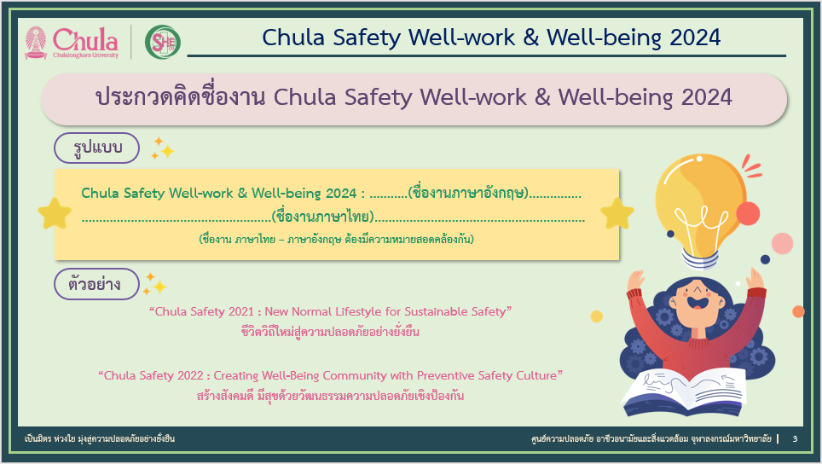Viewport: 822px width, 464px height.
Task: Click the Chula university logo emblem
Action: (36, 42)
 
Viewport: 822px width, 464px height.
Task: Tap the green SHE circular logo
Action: (163, 42)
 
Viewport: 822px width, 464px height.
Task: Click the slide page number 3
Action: (795, 438)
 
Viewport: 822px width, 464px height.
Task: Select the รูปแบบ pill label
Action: (97, 148)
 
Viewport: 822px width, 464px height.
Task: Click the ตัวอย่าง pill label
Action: (97, 284)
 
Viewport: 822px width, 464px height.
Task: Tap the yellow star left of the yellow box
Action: (55, 213)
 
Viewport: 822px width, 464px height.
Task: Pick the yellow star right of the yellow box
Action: (617, 213)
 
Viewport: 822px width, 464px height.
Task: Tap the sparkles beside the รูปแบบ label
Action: (163, 148)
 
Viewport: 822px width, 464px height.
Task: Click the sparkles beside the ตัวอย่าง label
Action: (155, 284)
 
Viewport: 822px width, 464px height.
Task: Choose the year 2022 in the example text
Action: (190, 375)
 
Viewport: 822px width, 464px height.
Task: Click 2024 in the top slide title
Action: (695, 38)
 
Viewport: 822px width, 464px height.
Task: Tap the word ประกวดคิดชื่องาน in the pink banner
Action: (181, 97)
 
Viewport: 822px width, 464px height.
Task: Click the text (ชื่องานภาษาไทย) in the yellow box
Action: (323, 216)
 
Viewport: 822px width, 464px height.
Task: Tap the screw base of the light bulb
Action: (700, 258)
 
